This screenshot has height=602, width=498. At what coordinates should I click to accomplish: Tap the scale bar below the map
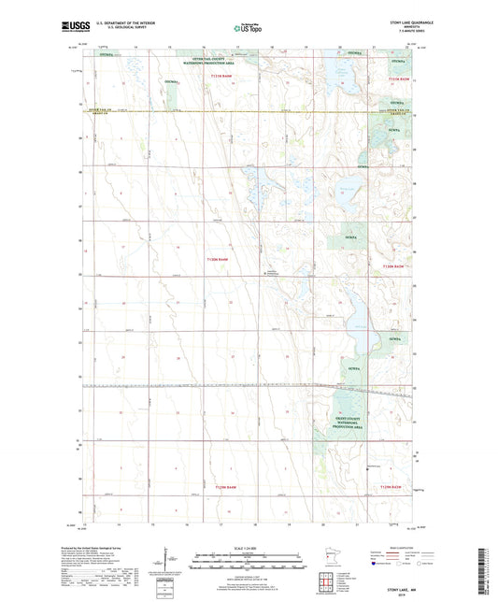[249, 564]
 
